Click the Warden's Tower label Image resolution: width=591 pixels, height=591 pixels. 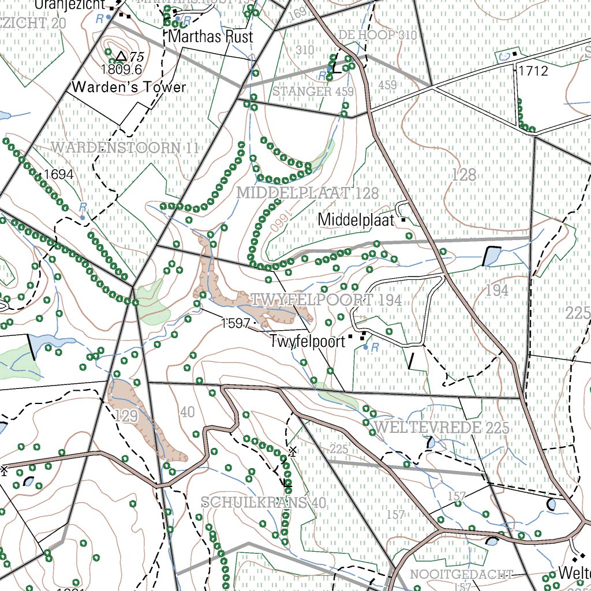pyautogui.click(x=129, y=87)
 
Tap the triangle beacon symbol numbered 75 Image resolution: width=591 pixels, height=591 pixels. pyautogui.click(x=121, y=56)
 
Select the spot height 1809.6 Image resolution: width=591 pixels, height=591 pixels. pyautogui.click(x=121, y=69)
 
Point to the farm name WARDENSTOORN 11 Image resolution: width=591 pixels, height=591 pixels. pyautogui.click(x=125, y=148)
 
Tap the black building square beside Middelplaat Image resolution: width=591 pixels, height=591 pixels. pyautogui.click(x=403, y=220)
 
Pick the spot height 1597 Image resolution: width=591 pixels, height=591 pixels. pyautogui.click(x=235, y=323)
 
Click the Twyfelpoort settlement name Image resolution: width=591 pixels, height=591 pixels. pyautogui.click(x=307, y=341)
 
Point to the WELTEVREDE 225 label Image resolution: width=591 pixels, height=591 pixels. pyautogui.click(x=442, y=427)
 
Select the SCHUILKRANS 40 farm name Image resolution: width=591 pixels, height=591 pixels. pyautogui.click(x=264, y=502)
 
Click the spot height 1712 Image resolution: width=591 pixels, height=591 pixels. pyautogui.click(x=533, y=72)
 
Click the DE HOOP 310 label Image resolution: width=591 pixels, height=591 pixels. pyautogui.click(x=377, y=35)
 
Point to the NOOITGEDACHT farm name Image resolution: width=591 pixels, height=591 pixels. pyautogui.click(x=461, y=574)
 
